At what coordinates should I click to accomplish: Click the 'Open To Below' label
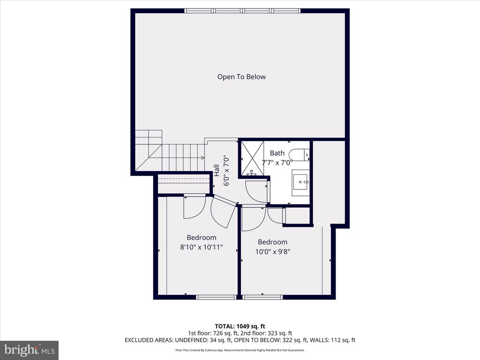(x=241, y=77)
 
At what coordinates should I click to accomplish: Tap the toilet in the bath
(x=299, y=155)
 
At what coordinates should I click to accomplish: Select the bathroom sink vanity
(x=300, y=183)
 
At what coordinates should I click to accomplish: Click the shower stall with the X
(x=253, y=158)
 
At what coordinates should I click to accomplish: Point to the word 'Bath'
(x=277, y=153)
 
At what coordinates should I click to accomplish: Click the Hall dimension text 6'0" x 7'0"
(x=226, y=171)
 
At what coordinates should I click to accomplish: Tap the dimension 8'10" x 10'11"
(x=202, y=247)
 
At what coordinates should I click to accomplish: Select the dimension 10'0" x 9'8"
(x=272, y=252)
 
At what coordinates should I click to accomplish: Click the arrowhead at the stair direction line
(x=202, y=157)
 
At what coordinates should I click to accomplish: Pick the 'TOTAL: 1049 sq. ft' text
(x=240, y=326)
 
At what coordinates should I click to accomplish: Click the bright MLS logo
(x=30, y=350)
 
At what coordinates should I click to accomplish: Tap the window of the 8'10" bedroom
(x=216, y=297)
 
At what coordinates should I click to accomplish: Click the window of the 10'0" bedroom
(x=262, y=297)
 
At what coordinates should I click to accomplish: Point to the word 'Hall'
(x=217, y=171)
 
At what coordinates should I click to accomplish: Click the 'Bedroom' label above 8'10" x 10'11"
(x=202, y=238)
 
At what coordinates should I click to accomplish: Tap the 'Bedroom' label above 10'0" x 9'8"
(x=272, y=242)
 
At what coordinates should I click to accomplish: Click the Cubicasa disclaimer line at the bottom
(x=240, y=350)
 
